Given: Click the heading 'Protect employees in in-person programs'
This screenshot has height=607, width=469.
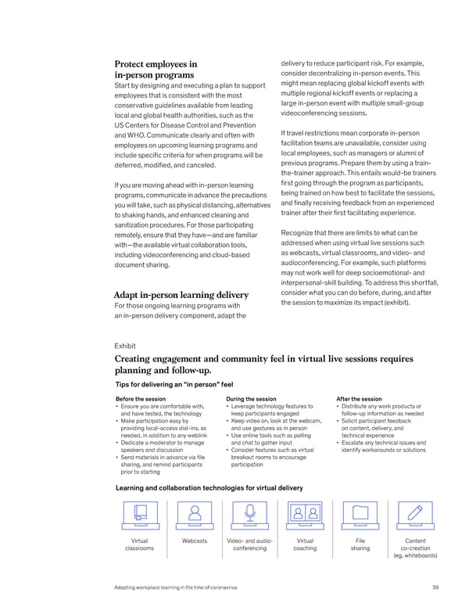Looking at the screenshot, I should (156, 70).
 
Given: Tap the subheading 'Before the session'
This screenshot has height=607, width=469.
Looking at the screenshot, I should (140, 399).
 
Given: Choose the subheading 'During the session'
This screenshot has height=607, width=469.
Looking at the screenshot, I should (250, 399).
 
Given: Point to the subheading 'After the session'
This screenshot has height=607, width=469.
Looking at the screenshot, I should (359, 399).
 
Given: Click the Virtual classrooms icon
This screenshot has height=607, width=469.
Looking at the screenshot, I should (139, 515).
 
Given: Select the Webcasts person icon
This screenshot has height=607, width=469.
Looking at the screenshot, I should (195, 515).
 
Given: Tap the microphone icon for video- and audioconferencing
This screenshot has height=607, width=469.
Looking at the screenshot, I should (250, 515).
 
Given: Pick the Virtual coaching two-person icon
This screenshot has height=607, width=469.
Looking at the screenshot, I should (305, 515).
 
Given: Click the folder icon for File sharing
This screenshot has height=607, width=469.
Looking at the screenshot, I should (360, 515).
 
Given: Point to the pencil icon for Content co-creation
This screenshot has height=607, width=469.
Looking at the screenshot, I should (416, 515).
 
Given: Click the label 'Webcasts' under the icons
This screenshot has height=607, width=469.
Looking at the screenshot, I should (195, 541).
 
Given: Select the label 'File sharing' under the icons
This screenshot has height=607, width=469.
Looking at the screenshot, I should (360, 544).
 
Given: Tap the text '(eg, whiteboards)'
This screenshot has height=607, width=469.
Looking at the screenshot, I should (416, 556).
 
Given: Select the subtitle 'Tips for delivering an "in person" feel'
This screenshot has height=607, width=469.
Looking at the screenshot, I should (174, 385).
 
